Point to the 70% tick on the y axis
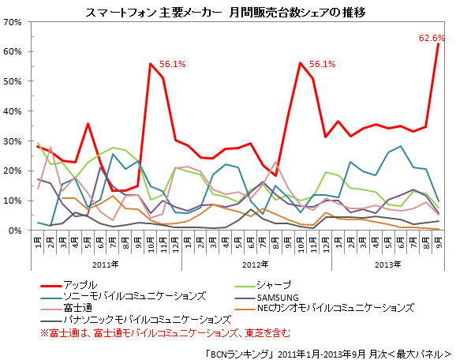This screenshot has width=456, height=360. pyautogui.click(x=13, y=21)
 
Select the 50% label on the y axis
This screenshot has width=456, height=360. pyautogui.click(x=13, y=81)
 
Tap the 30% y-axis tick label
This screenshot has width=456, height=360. pyautogui.click(x=13, y=141)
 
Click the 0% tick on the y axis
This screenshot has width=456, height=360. pyautogui.click(x=16, y=231)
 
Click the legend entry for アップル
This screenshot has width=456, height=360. pyautogui.click(x=80, y=284)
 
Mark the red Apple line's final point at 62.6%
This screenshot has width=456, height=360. pyautogui.click(x=438, y=44)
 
